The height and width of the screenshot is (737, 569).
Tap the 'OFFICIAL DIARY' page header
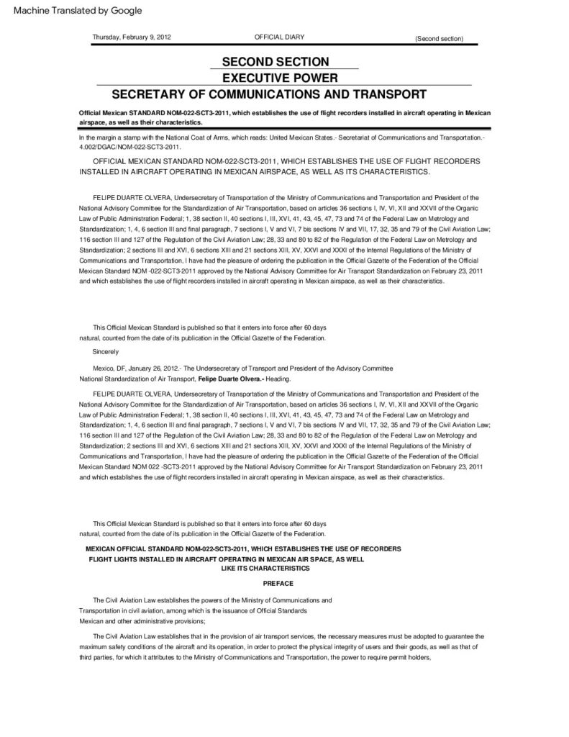[276, 37]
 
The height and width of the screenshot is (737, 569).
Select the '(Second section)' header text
[439, 38]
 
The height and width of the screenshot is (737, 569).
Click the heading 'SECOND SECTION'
[276, 62]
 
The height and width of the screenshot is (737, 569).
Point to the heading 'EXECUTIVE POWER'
[276, 78]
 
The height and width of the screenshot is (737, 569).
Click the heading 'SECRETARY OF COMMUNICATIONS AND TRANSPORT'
[269, 94]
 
